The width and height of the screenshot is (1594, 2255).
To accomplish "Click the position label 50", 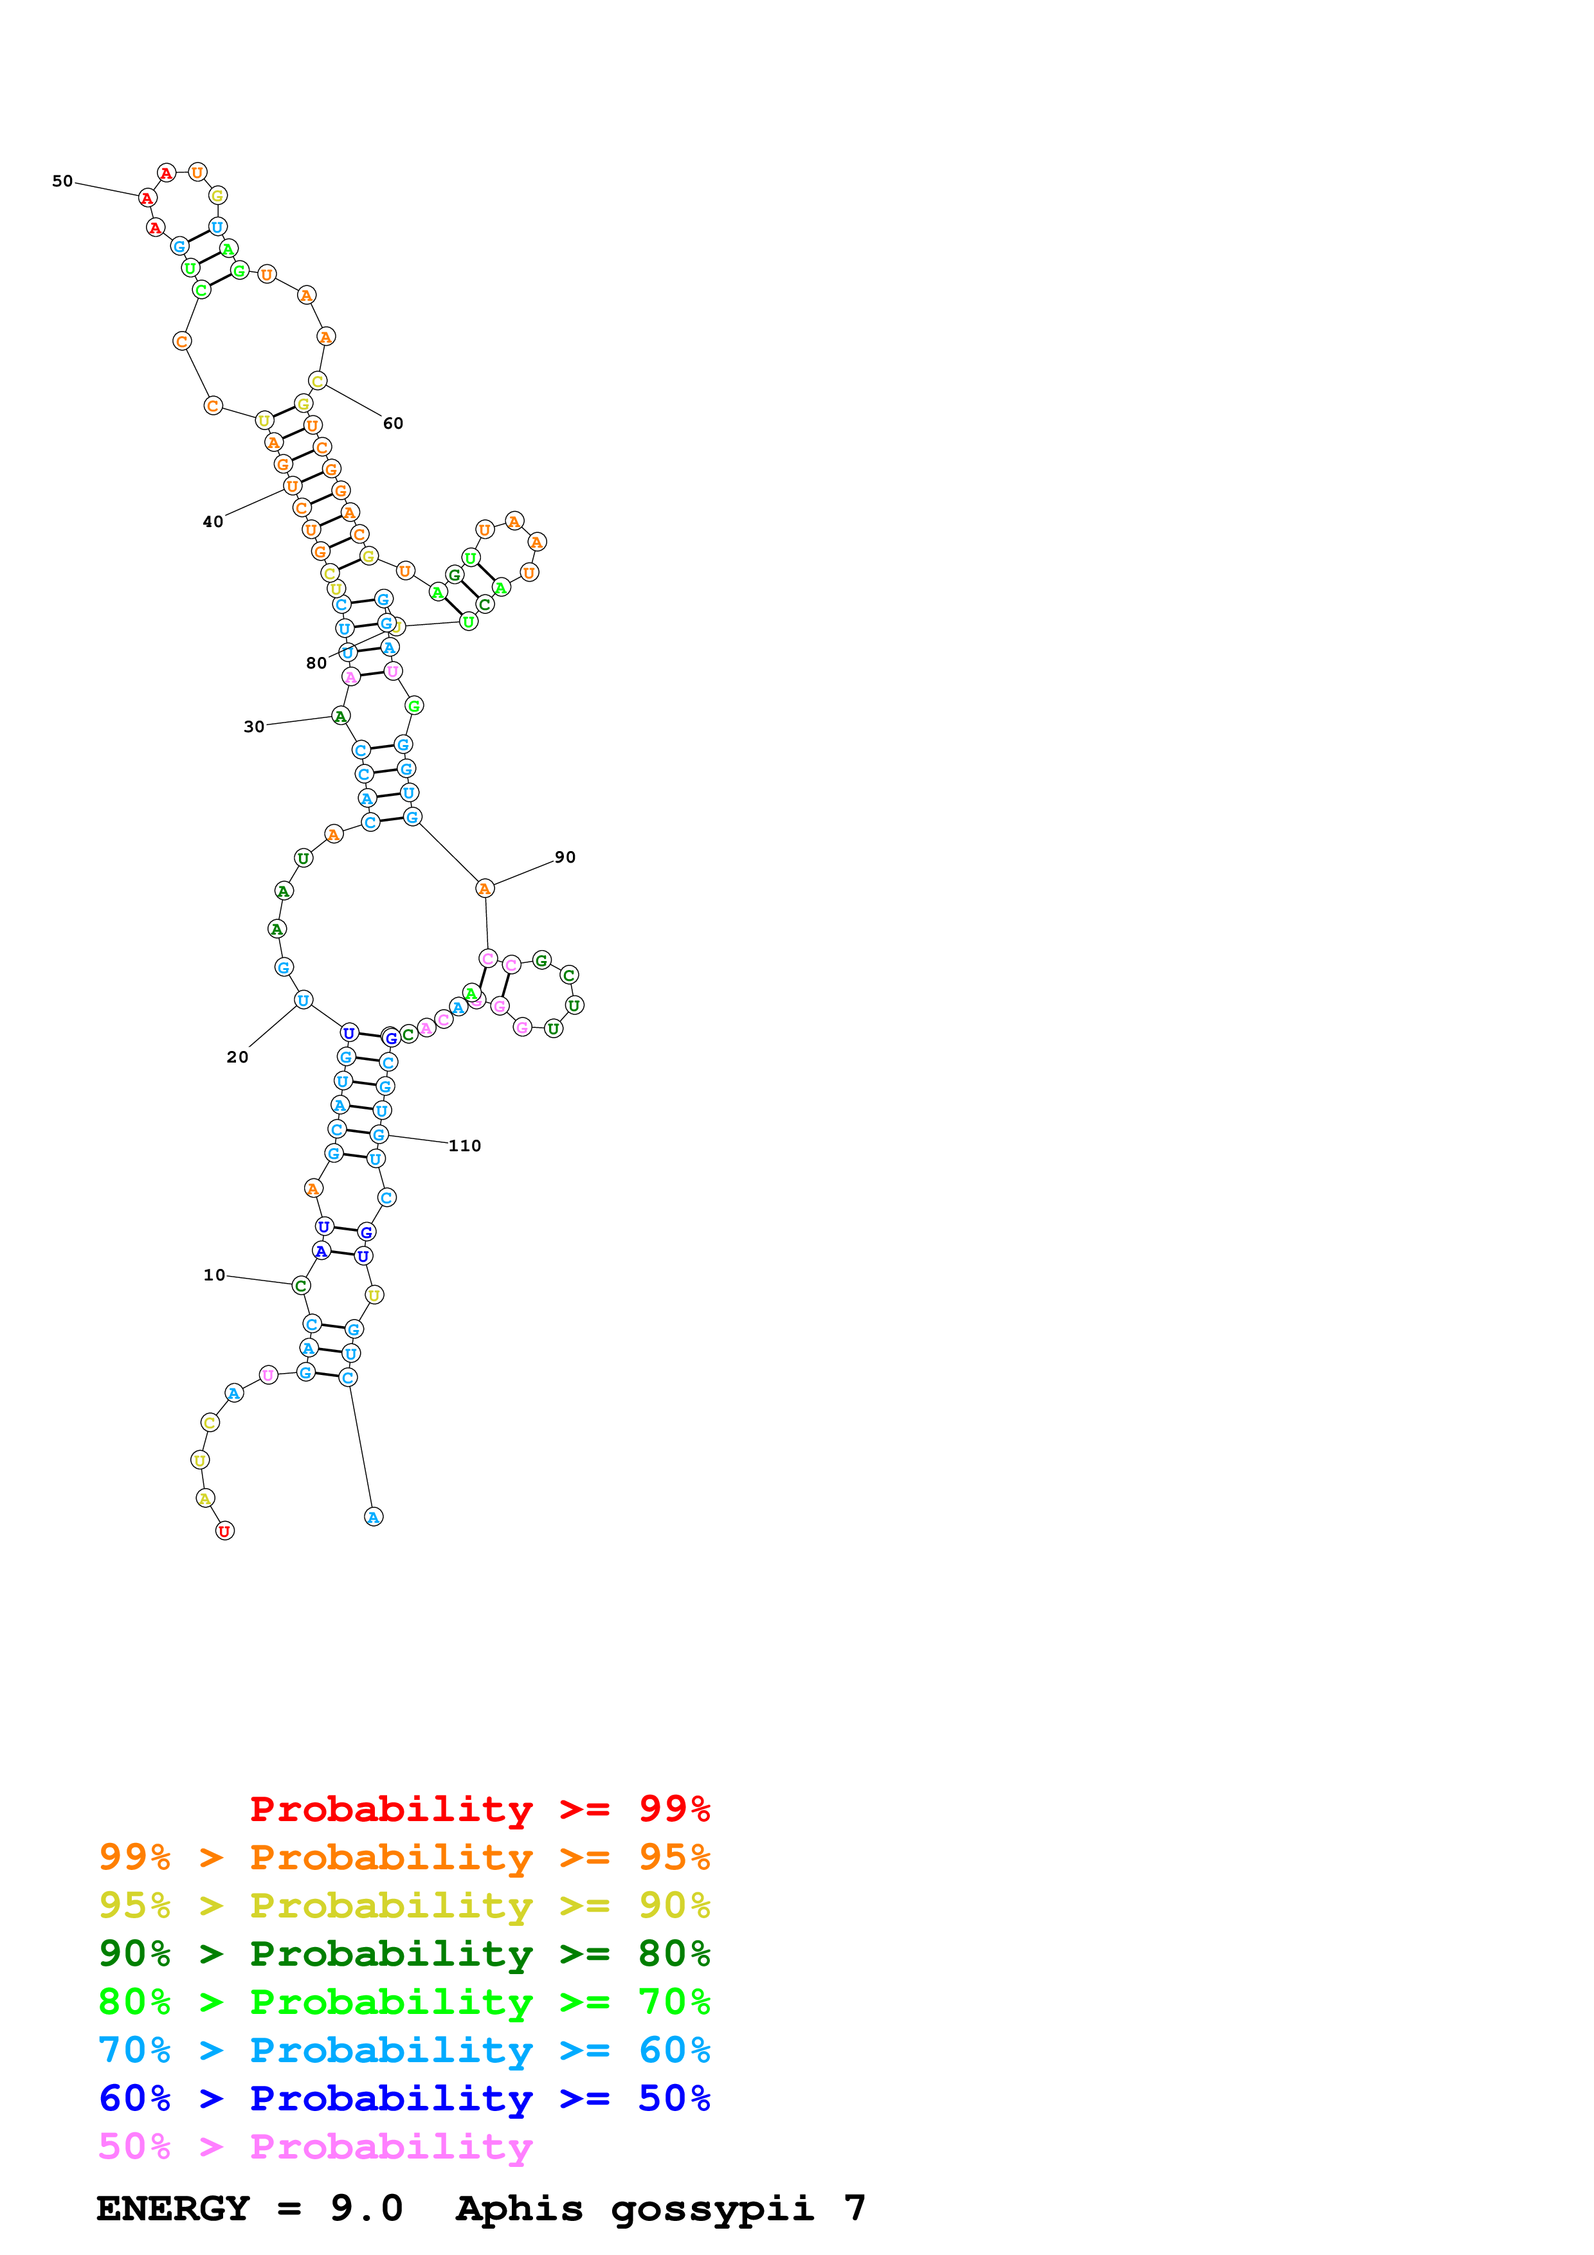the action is [62, 181].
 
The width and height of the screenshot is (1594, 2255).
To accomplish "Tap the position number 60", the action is [393, 424].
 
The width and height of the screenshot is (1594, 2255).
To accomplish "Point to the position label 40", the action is [213, 521].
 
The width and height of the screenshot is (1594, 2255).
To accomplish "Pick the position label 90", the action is [565, 856].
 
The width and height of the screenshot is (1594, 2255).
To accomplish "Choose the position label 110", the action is [464, 1145].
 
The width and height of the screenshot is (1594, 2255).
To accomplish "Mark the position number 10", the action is [214, 1275].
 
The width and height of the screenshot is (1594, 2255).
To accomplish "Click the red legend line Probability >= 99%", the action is [479, 1808].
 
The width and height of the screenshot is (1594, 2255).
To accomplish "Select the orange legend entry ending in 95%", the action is [404, 1857].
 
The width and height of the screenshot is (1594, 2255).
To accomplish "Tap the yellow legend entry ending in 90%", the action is [404, 1905].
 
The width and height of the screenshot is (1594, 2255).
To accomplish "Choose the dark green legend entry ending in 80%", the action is [404, 1954].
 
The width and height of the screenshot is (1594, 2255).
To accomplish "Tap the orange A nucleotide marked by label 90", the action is [484, 888].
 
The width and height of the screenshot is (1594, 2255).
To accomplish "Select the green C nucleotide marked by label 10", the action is [300, 1286].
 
